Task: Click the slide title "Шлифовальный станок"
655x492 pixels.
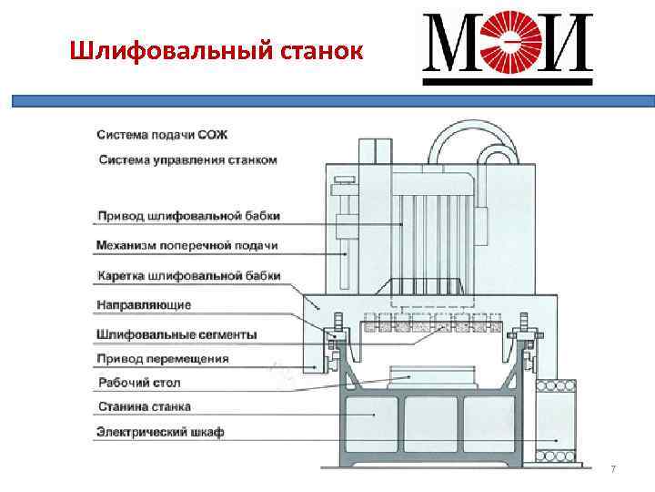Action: [x=217, y=51]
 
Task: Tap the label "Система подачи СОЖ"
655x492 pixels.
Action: [x=162, y=135]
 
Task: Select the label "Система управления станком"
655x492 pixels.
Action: [x=186, y=160]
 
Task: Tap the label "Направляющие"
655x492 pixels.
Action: [x=144, y=304]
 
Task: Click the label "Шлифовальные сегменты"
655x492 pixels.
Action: [x=176, y=334]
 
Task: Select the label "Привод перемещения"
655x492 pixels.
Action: [x=163, y=358]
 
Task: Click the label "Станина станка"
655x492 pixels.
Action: [x=144, y=406]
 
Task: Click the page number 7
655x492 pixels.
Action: [x=613, y=469]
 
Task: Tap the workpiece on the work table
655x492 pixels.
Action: [x=432, y=376]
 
